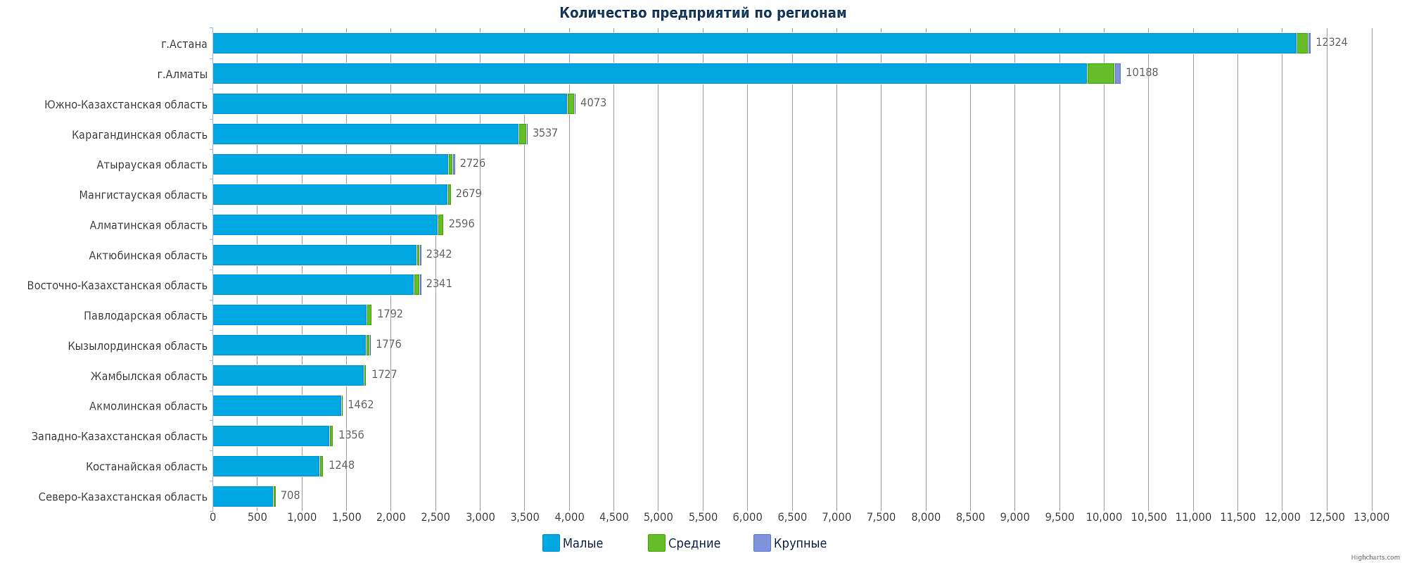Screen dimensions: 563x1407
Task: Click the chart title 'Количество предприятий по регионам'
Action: pos(703,13)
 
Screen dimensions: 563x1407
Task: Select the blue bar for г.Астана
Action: pos(754,43)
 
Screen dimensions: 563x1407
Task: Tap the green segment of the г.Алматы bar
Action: pos(1100,73)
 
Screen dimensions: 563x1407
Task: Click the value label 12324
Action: pos(1331,42)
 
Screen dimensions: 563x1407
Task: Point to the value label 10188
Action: pos(1141,72)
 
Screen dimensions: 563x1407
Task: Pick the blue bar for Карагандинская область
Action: pos(366,134)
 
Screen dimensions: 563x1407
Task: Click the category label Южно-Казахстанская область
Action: pos(126,104)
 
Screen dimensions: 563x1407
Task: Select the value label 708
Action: pos(290,495)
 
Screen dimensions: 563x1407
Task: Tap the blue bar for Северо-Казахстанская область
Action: pos(243,496)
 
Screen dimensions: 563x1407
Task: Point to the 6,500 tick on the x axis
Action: pos(792,517)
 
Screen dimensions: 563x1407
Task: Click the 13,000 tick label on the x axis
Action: pos(1371,517)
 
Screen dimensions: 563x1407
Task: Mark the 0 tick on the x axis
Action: pos(213,517)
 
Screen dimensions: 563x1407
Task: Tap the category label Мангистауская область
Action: pos(144,195)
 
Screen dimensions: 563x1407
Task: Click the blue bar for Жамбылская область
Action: pos(288,375)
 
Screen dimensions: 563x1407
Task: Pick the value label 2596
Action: pos(461,224)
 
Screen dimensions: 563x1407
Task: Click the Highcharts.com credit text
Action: pos(1375,557)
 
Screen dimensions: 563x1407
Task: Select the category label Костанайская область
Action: pos(146,467)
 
